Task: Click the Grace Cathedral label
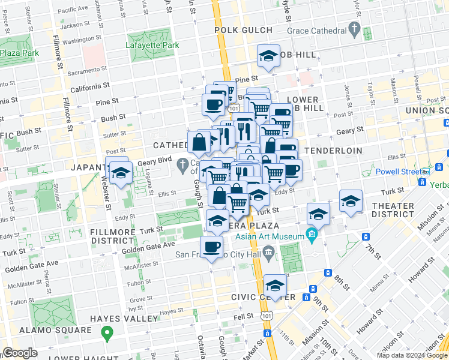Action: coord(316,31)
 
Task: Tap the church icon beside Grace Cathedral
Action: coord(354,29)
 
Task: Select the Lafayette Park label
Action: coord(152,45)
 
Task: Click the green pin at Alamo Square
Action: coord(107,331)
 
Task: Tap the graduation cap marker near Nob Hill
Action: coord(268,57)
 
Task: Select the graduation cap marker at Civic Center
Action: coord(276,285)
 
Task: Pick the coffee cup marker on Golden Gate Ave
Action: coord(211,247)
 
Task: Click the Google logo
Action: coord(19,353)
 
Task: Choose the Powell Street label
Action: coord(397,172)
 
